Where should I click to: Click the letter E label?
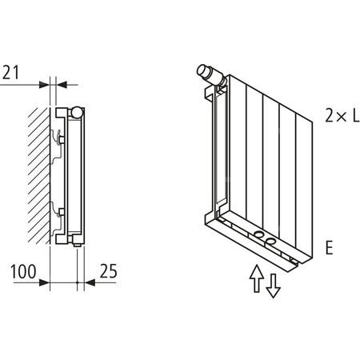[x=329, y=246]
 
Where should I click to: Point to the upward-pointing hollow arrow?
[x=256, y=278]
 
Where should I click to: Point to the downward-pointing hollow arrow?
[x=273, y=284]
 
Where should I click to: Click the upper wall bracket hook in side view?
[x=58, y=137]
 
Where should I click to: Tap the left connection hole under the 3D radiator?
[x=260, y=238]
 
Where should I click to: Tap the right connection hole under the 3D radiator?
[x=272, y=242]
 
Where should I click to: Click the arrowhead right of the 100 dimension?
[x=46, y=282]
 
